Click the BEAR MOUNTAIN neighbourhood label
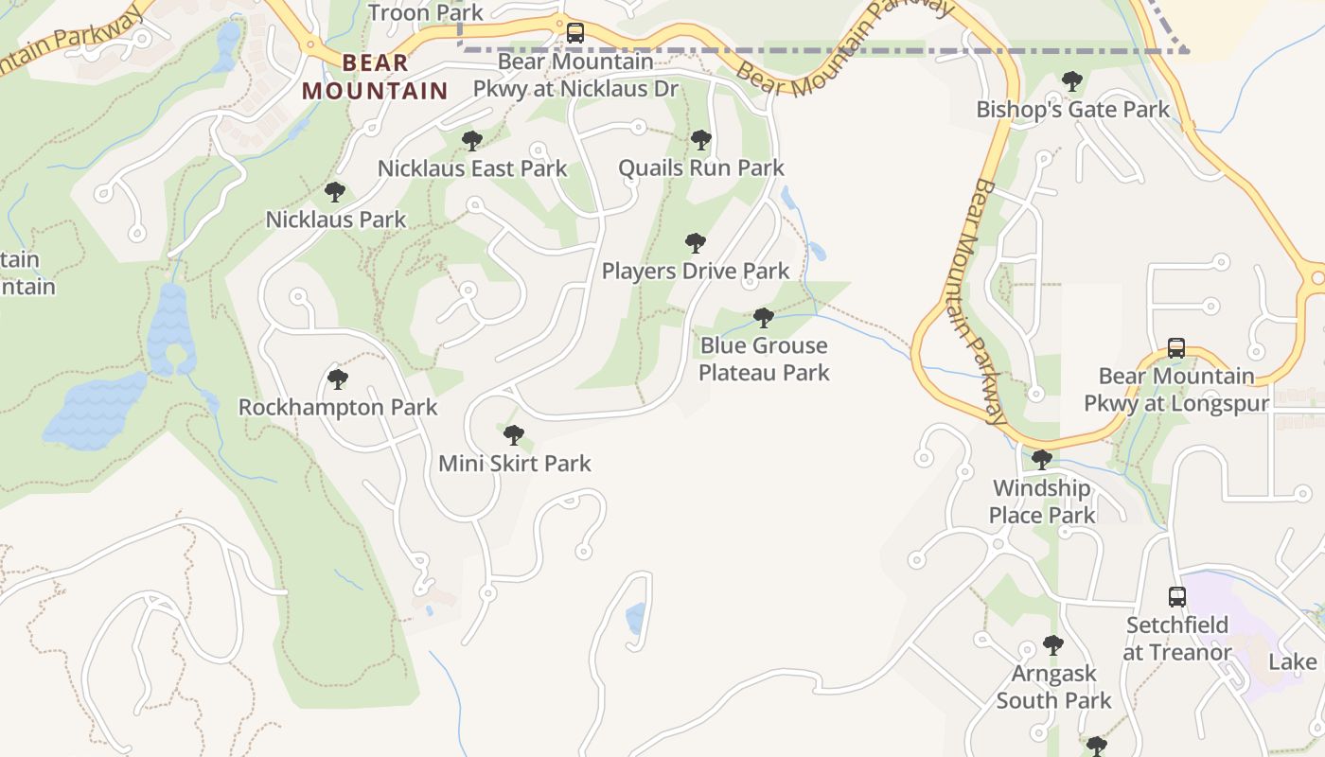click(x=375, y=77)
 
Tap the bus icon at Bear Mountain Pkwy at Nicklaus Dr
click(x=574, y=33)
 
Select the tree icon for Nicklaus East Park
click(x=471, y=142)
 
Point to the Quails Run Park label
click(x=700, y=168)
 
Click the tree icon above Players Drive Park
click(x=696, y=243)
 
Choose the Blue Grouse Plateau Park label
click(x=764, y=360)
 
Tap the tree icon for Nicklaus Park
click(x=335, y=193)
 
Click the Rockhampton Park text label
click(x=337, y=408)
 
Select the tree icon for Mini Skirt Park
click(x=514, y=435)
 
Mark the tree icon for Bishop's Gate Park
click(x=1072, y=82)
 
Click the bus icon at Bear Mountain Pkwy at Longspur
click(x=1175, y=348)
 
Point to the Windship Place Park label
click(x=1041, y=502)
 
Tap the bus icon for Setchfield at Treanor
click(x=1176, y=597)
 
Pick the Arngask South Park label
click(x=1053, y=687)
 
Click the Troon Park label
click(x=425, y=12)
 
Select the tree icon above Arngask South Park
click(x=1052, y=646)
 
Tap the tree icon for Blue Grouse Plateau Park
click(x=764, y=318)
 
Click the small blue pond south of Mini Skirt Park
click(x=636, y=619)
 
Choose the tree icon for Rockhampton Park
click(x=337, y=380)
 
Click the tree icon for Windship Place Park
click(x=1041, y=461)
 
